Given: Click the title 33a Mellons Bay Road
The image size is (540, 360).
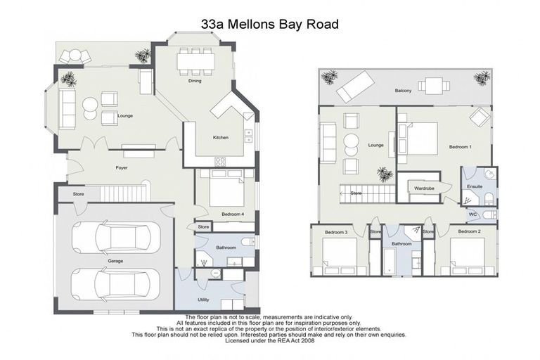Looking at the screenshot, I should coord(269,24).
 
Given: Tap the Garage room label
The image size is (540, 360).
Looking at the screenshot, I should coord(115,261).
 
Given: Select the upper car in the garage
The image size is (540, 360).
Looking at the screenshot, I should coord(116,237).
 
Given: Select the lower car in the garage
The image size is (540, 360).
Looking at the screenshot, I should coord(116,283).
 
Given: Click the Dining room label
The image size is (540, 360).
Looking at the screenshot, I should coord(195,81).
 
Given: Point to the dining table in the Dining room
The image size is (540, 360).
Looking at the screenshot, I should coord(195,62).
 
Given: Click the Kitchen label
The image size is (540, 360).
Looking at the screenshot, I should coord(221,137).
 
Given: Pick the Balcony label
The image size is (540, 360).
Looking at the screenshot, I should coord(403,91).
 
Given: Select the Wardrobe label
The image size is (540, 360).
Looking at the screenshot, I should coord(424,188).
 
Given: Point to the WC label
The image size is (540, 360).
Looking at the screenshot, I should coord(473,214).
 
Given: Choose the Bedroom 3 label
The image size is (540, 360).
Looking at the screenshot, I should coord(336,231).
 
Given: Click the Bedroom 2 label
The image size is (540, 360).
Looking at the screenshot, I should coord(469,231).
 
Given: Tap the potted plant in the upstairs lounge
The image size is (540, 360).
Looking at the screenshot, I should coord(385,174).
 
